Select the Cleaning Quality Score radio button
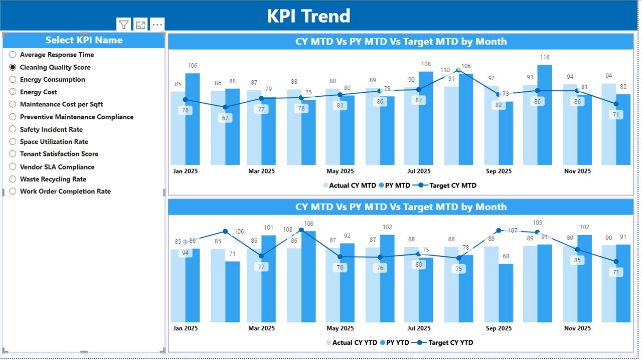[x=13, y=67]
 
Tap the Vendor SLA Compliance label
[x=57, y=167]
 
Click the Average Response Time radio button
[x=13, y=55]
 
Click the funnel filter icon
[x=123, y=25]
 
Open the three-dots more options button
[x=157, y=25]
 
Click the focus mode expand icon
[x=140, y=25]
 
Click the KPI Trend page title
[x=308, y=16]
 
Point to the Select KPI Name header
[x=84, y=40]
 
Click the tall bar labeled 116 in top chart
[x=545, y=115]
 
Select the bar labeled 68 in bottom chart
[x=506, y=293]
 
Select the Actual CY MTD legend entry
[x=349, y=186]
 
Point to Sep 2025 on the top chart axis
[x=499, y=171]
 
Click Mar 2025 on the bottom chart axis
[x=261, y=328]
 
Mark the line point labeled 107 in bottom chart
[x=499, y=231]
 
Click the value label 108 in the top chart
[x=426, y=64]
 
